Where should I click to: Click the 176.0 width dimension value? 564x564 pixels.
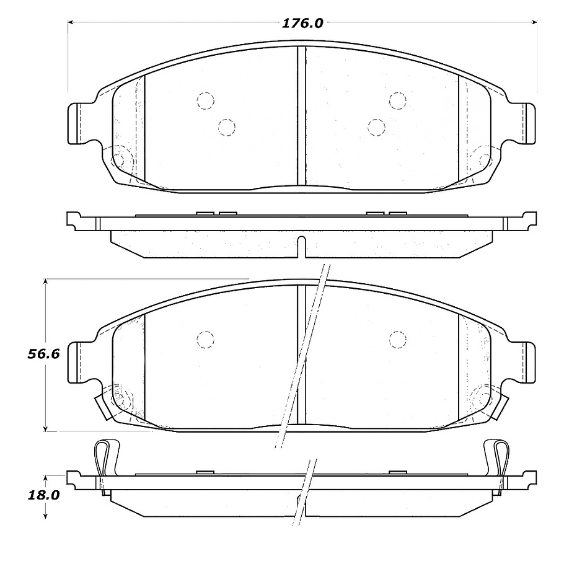pyautogui.click(x=302, y=24)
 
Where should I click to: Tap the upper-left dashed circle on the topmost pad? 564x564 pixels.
pyautogui.click(x=205, y=100)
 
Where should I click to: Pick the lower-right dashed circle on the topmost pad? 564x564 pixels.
pyautogui.click(x=376, y=127)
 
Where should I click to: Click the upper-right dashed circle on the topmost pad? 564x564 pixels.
pyautogui.click(x=397, y=100)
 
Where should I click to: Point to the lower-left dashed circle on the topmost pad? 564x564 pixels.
pyautogui.click(x=227, y=127)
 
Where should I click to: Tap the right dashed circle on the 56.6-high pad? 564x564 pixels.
pyautogui.click(x=398, y=339)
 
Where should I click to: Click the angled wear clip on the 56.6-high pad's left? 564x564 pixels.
pyautogui.click(x=102, y=405)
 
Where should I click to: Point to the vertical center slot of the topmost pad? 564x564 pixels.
pyautogui.click(x=301, y=115)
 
